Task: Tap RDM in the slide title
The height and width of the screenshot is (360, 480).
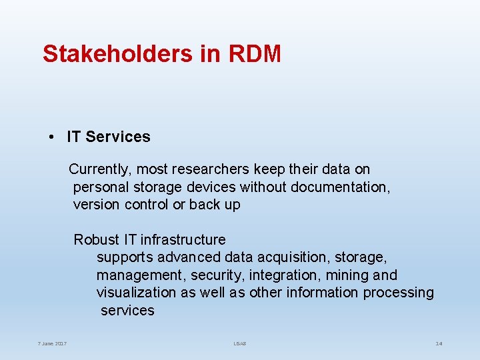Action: pos(255,54)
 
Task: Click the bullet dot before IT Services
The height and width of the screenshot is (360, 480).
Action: pos(51,137)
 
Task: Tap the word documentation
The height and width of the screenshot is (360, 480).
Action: pos(338,187)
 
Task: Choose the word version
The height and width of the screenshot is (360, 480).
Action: pos(97,205)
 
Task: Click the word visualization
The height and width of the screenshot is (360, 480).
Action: pos(137,292)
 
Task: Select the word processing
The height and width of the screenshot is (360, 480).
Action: pos(398,292)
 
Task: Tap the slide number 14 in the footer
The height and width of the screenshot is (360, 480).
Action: pos(439,344)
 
